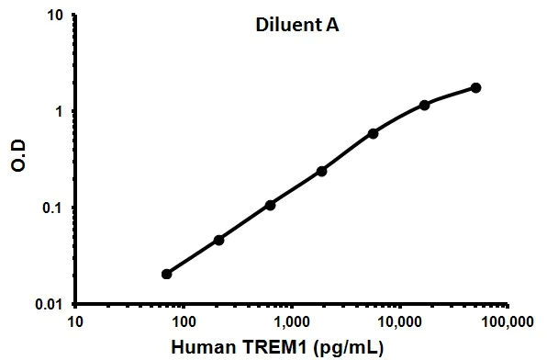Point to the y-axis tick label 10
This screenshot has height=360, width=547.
[x=54, y=17]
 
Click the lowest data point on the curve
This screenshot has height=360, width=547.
[x=166, y=274]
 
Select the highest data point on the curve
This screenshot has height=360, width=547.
[x=475, y=87]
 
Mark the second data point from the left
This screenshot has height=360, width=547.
[x=218, y=240]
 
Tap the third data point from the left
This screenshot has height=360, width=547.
[x=270, y=205]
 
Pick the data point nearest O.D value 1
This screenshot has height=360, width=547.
[x=424, y=105]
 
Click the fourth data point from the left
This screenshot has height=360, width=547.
[x=321, y=171]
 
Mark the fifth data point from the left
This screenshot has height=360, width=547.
[x=373, y=133]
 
